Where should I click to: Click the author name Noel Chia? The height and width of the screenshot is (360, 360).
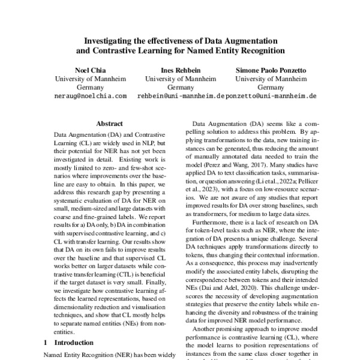point(90,69)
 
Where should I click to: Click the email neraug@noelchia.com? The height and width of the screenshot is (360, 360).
point(90,95)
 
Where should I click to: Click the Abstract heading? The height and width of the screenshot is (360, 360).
point(109,122)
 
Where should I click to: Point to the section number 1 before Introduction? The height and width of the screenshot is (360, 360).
point(47,343)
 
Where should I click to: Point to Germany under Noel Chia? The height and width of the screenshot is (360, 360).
point(90,86)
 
